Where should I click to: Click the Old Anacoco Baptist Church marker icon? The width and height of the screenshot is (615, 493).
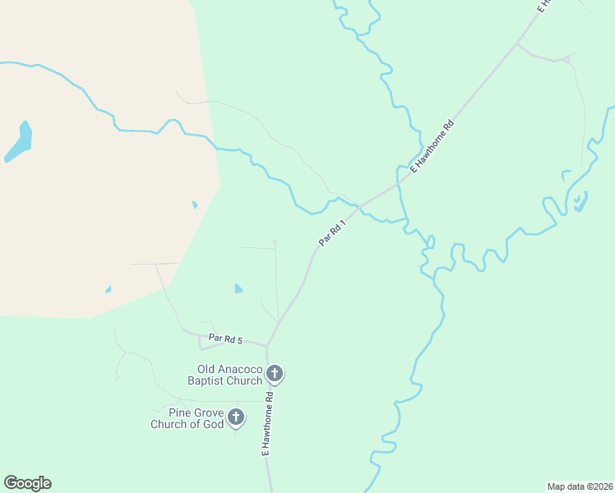click(275, 374)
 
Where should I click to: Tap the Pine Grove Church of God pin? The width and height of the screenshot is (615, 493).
click(236, 417)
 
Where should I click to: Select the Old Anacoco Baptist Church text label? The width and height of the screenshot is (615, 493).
click(229, 375)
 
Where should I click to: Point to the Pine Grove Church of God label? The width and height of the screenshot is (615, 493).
click(187, 418)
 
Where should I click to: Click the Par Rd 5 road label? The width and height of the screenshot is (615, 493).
click(225, 339)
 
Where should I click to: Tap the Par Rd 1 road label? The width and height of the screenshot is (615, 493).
click(331, 233)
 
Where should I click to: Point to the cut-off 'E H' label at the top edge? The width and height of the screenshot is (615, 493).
click(544, 6)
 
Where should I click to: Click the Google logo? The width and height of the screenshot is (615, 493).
click(27, 483)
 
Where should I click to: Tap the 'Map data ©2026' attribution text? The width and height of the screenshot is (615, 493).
click(580, 486)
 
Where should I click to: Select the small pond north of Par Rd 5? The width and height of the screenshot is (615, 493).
click(238, 288)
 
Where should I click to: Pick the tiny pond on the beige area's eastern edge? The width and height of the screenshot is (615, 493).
click(195, 205)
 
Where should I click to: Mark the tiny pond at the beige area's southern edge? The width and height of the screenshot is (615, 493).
click(108, 289)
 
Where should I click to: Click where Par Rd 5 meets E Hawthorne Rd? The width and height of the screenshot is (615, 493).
click(267, 345)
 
